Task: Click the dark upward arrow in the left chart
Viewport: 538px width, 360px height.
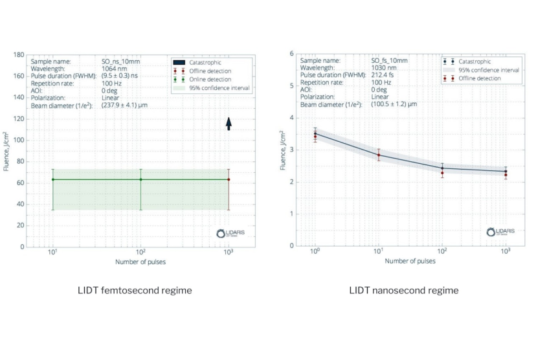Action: click(x=228, y=123)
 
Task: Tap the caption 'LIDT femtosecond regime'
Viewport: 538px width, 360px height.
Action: click(x=135, y=290)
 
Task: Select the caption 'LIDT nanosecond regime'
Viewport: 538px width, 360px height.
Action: click(x=403, y=290)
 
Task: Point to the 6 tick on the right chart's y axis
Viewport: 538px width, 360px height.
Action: click(x=291, y=54)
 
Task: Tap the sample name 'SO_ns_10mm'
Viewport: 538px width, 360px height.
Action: click(x=121, y=61)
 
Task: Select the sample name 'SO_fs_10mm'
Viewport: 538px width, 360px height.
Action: click(x=389, y=60)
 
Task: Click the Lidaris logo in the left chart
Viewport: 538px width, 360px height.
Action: click(x=230, y=233)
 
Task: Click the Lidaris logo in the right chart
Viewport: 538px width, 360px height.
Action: click(x=500, y=231)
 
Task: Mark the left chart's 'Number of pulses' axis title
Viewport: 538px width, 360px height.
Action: click(x=140, y=262)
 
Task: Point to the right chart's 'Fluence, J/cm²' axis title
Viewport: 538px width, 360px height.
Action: click(x=283, y=150)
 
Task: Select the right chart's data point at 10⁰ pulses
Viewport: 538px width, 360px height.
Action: click(x=315, y=134)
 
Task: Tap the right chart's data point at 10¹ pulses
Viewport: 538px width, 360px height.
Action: click(x=379, y=155)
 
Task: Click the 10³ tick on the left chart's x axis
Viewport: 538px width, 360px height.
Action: click(x=228, y=253)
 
